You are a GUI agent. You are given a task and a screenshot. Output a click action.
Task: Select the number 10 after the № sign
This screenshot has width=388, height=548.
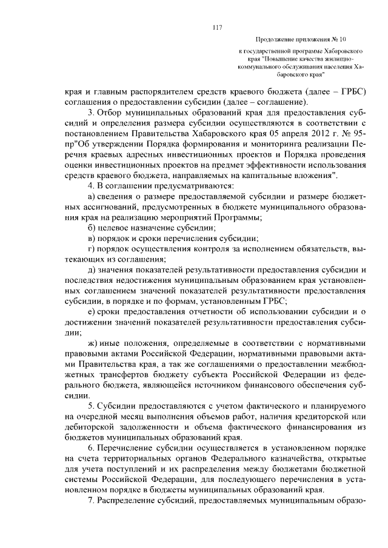coord(343,37)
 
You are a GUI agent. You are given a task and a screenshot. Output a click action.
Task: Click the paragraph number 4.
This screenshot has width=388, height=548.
coord(90,186)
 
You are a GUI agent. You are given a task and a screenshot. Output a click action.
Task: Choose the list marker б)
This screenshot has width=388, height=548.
coord(92,228)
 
